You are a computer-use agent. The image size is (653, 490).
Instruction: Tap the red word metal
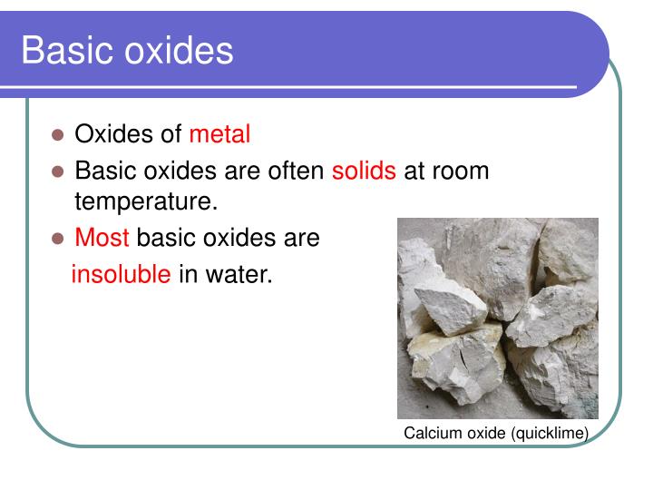[219, 134]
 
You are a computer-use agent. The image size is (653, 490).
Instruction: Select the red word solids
[364, 171]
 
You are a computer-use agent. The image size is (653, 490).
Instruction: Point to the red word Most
[102, 238]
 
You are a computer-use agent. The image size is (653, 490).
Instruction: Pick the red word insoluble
[121, 273]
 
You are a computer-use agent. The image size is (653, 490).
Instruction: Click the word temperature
[146, 201]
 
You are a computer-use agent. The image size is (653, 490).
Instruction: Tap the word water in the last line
[239, 273]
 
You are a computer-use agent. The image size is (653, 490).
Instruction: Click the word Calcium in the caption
[430, 434]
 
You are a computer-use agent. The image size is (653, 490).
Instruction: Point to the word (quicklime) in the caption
[550, 434]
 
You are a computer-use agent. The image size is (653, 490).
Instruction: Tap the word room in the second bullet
[462, 171]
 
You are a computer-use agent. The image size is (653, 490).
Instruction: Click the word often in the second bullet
[296, 171]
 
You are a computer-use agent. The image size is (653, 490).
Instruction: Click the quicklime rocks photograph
[497, 318]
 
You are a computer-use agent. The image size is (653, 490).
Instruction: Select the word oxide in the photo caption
[482, 434]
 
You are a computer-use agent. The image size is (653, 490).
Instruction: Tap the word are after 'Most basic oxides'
[301, 238]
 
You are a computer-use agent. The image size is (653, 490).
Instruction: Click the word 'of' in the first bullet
[172, 134]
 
